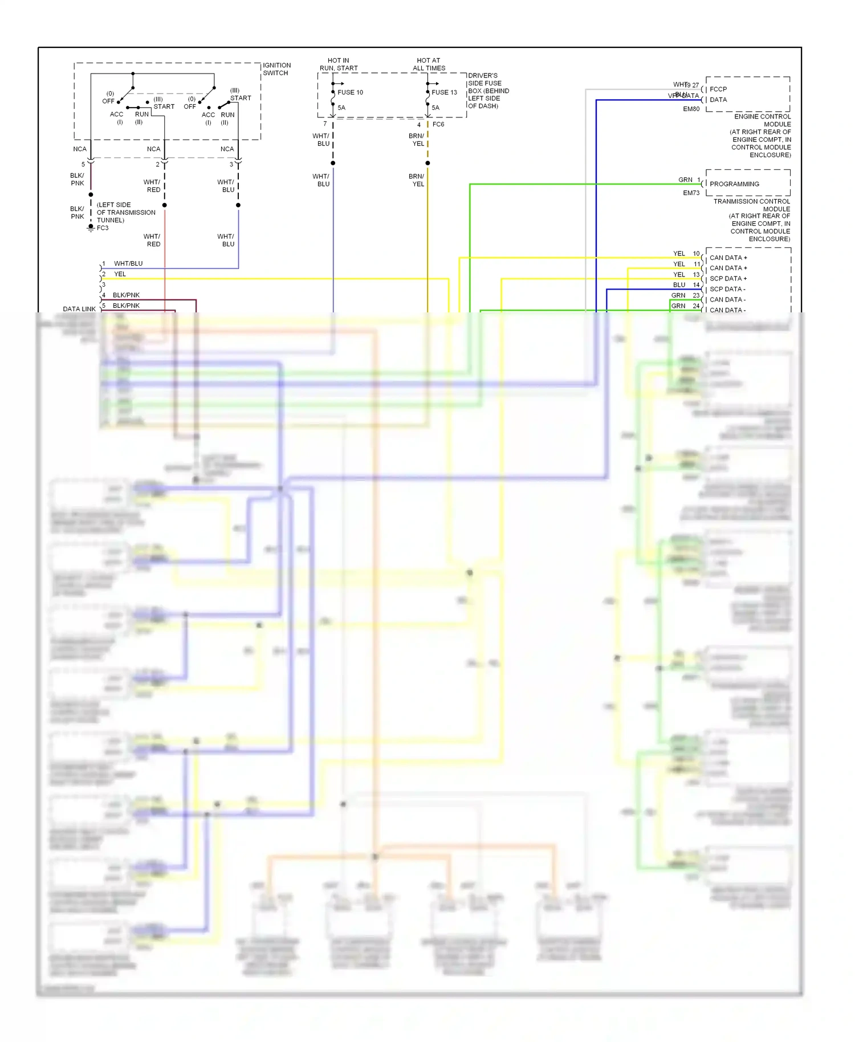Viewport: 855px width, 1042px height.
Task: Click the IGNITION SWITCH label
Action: pyautogui.click(x=276, y=69)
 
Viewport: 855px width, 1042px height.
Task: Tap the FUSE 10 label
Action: pyautogui.click(x=350, y=92)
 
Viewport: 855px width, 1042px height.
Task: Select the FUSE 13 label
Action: pyautogui.click(x=444, y=92)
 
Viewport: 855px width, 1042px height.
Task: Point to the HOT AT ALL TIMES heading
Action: pyautogui.click(x=429, y=64)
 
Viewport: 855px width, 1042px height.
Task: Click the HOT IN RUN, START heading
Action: pyautogui.click(x=339, y=64)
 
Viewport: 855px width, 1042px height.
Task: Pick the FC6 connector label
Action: pyautogui.click(x=438, y=124)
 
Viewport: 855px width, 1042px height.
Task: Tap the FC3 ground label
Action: pyautogui.click(x=103, y=228)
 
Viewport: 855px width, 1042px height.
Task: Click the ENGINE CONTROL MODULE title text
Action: pyautogui.click(x=762, y=120)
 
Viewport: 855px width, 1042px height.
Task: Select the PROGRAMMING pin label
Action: pyautogui.click(x=734, y=184)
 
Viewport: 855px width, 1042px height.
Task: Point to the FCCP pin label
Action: pyautogui.click(x=718, y=89)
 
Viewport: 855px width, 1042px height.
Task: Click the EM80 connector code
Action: pyautogui.click(x=691, y=109)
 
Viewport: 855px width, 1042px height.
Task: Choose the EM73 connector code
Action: pyautogui.click(x=691, y=193)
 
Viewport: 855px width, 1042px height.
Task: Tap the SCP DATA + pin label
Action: pyautogui.click(x=728, y=279)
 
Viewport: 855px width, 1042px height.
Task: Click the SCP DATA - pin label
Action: pyautogui.click(x=727, y=289)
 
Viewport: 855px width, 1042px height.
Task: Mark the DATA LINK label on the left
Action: pyautogui.click(x=79, y=309)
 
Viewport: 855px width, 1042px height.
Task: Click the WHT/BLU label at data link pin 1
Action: pyautogui.click(x=128, y=263)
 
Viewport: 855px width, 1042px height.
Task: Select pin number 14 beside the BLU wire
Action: pyautogui.click(x=696, y=285)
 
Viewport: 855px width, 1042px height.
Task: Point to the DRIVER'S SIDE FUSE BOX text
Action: pyautogui.click(x=488, y=91)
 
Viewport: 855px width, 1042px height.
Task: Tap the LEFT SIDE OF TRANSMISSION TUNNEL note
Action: pyautogui.click(x=125, y=213)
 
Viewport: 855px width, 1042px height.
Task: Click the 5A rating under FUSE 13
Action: pyautogui.click(x=435, y=108)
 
